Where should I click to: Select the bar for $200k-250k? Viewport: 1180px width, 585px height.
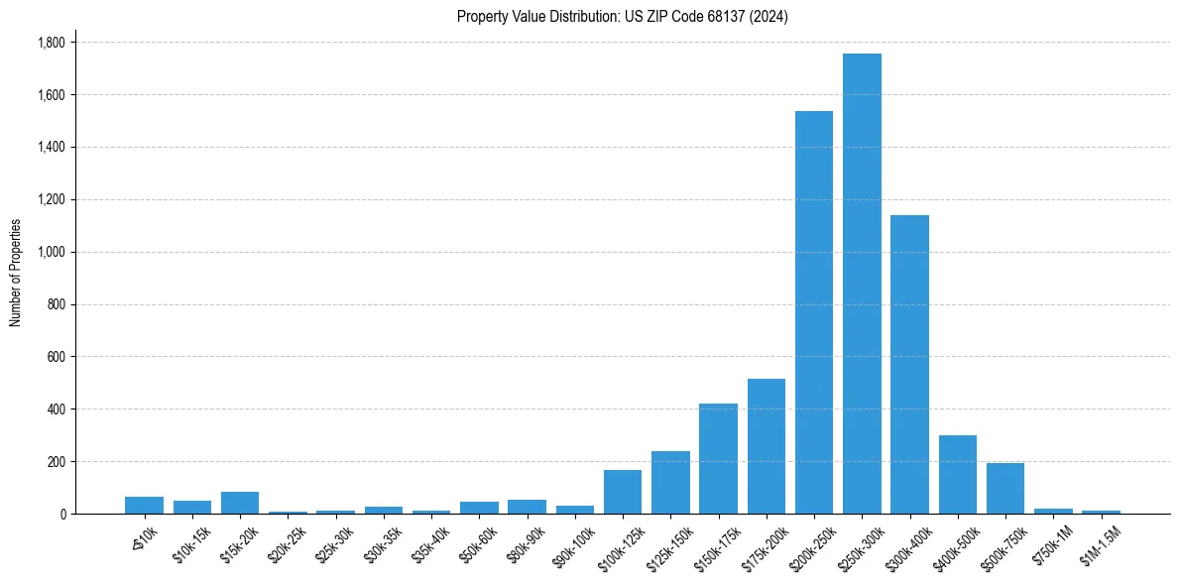814,312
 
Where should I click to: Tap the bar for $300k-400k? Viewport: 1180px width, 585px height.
909,364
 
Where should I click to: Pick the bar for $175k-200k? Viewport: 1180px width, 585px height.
766,446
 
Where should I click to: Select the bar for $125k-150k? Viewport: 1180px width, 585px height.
670,482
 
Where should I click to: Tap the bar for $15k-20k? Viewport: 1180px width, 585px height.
240,503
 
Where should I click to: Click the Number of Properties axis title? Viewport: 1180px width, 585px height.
16,273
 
